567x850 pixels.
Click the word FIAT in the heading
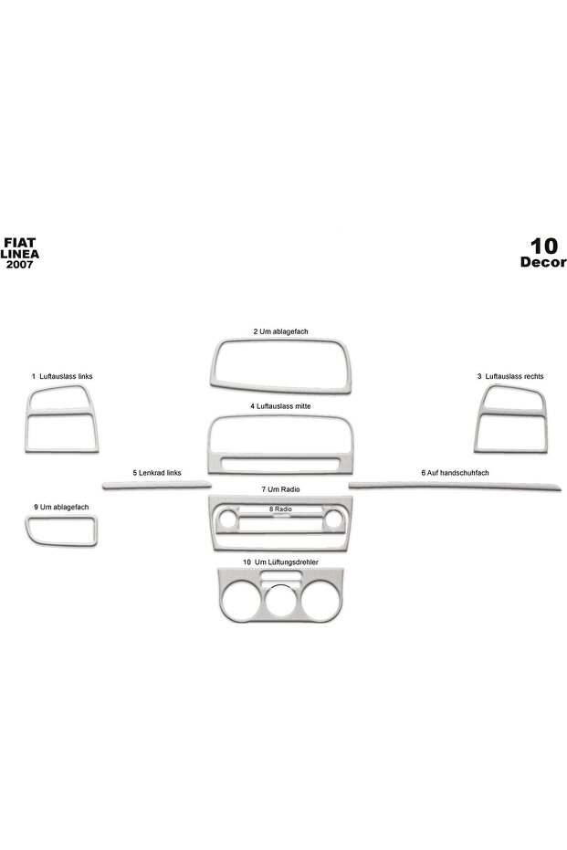(19, 243)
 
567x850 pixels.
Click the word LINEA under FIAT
(19, 254)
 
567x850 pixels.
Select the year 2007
(19, 264)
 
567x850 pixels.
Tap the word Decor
(543, 262)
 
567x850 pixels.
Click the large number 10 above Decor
(543, 246)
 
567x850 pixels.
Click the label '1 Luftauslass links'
(62, 376)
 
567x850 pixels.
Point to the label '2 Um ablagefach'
(280, 331)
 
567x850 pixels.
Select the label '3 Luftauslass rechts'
(510, 376)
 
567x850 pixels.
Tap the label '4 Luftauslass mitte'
(280, 406)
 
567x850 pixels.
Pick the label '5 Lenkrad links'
(157, 473)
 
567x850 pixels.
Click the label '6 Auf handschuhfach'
(455, 473)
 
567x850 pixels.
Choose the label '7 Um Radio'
(280, 489)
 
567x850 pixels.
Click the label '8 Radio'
(280, 509)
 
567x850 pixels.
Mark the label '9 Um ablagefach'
(60, 507)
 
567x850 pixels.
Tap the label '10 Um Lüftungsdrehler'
(280, 562)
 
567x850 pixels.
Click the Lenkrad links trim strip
(157, 485)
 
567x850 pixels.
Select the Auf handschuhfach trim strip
(455, 486)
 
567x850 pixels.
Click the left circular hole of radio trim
(227, 519)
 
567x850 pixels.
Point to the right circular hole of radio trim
(333, 519)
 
